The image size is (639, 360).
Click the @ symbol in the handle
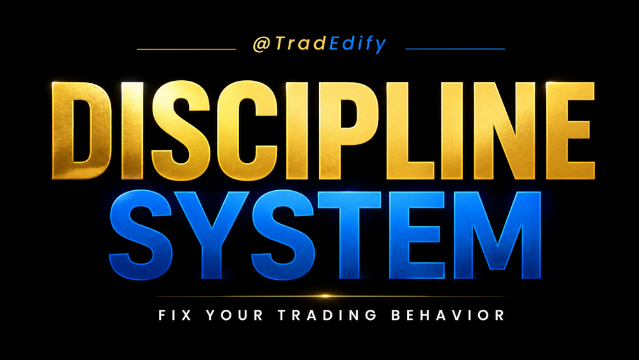(261, 44)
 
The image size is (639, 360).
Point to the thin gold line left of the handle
(187, 49)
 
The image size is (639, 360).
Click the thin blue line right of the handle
(455, 48)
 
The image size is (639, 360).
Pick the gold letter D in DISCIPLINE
(81, 130)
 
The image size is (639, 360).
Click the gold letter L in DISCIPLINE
(409, 130)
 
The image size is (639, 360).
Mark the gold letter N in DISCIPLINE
(504, 130)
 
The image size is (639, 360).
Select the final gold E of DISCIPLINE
(570, 130)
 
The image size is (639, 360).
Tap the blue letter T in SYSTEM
(349, 235)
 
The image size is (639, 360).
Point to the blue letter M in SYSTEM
(497, 235)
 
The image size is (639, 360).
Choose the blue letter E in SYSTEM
(416, 235)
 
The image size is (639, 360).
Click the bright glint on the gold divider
(325, 296)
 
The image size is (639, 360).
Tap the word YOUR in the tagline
(235, 315)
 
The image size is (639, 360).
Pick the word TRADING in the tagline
(327, 315)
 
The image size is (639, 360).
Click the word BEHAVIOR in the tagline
(448, 315)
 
